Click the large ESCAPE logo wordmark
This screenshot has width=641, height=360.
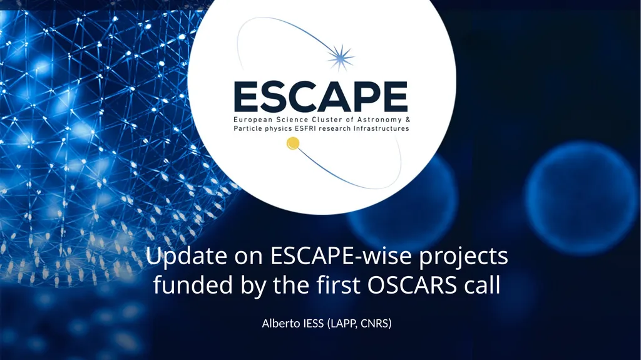tap(321, 96)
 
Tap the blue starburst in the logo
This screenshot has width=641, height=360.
tap(340, 58)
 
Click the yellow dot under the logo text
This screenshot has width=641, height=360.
tap(293, 143)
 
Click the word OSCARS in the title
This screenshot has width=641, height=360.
tap(412, 285)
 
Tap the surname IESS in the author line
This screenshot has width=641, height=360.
tap(314, 323)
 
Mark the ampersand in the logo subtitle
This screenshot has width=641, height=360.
tap(407, 120)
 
